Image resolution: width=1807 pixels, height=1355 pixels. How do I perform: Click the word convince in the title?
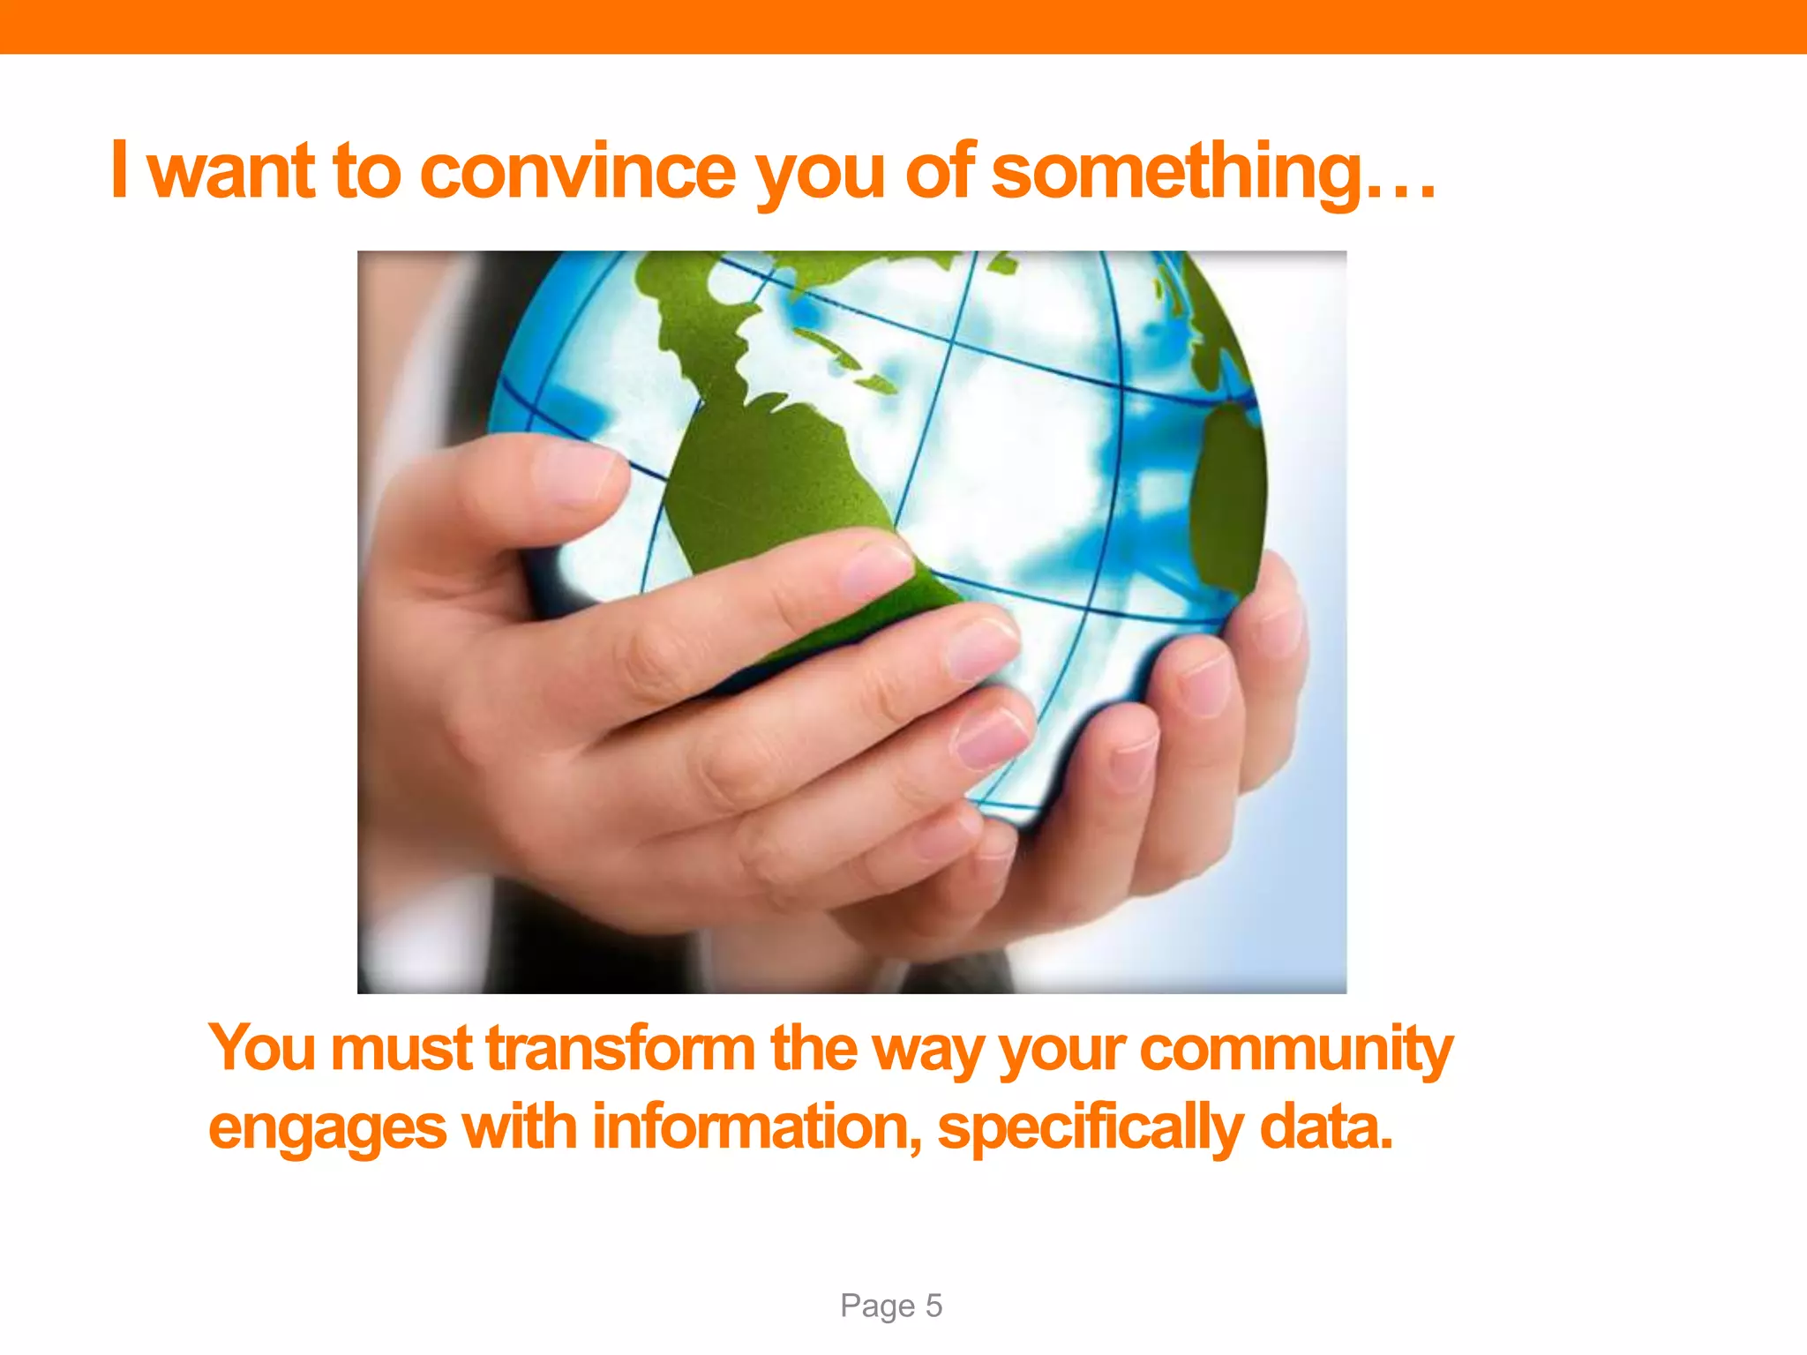tap(578, 172)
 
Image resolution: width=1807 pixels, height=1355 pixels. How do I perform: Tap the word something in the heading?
tap(1178, 172)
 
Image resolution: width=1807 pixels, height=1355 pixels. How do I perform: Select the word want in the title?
tap(231, 172)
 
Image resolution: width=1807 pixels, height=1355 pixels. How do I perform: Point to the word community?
tap(1295, 1050)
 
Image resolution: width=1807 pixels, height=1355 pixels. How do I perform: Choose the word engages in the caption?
tap(327, 1129)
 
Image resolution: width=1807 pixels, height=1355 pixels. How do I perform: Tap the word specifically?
tap(1090, 1129)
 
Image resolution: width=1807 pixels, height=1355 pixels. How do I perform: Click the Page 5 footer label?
tap(891, 1306)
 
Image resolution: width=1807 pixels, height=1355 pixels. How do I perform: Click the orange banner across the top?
tap(903, 26)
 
